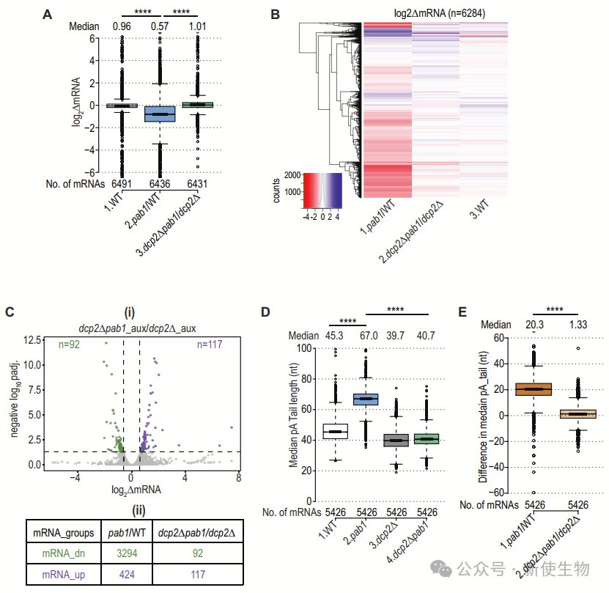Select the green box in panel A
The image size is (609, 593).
coord(198,106)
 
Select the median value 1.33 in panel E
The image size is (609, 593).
coord(578,323)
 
